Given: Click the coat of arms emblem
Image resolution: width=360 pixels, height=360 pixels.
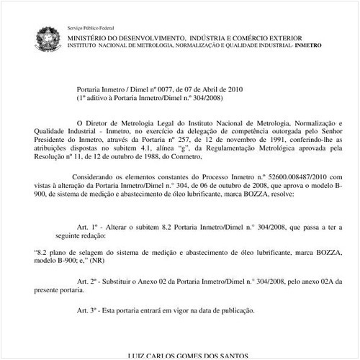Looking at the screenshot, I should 48,36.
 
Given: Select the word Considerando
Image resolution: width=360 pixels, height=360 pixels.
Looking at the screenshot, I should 96,176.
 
